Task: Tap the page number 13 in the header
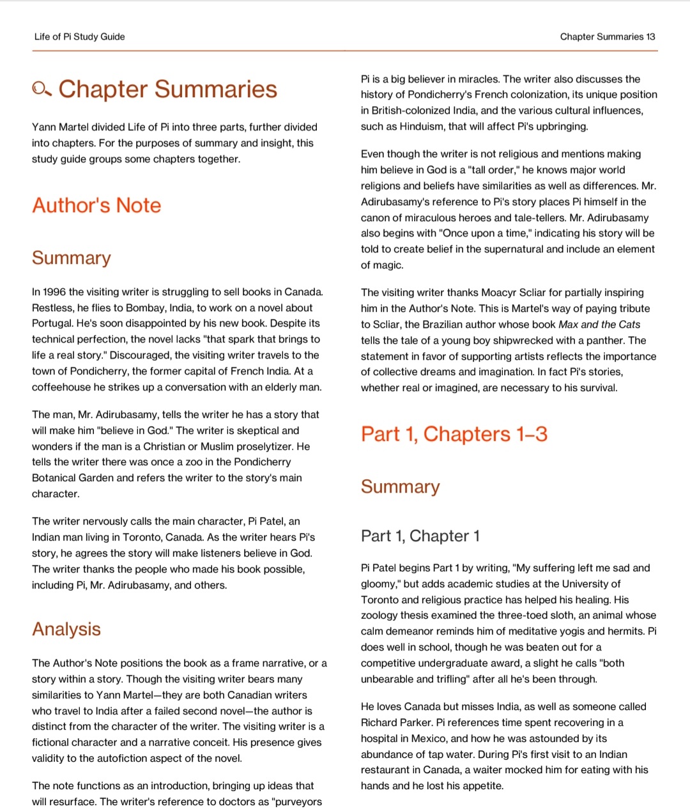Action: coord(650,36)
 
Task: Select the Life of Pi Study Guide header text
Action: coord(79,36)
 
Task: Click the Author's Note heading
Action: coord(96,205)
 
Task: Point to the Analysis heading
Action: coord(66,629)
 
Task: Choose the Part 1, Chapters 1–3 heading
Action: coord(454,434)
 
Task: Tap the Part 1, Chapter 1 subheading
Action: coord(420,535)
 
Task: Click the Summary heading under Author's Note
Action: coord(71,258)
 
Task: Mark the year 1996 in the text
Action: coord(54,292)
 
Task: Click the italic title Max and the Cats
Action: coord(599,325)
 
